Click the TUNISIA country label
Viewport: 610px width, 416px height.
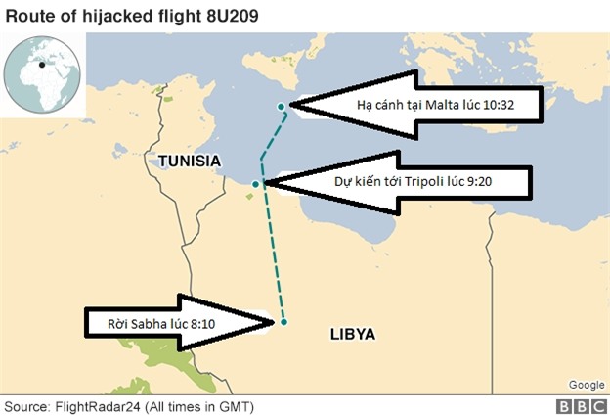tap(182, 160)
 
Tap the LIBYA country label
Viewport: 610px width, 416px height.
tap(352, 334)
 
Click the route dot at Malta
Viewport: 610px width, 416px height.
tap(282, 106)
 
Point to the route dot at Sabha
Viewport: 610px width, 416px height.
tap(283, 321)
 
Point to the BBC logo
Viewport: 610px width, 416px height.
tap(580, 405)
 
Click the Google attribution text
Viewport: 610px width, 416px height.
tap(586, 385)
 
